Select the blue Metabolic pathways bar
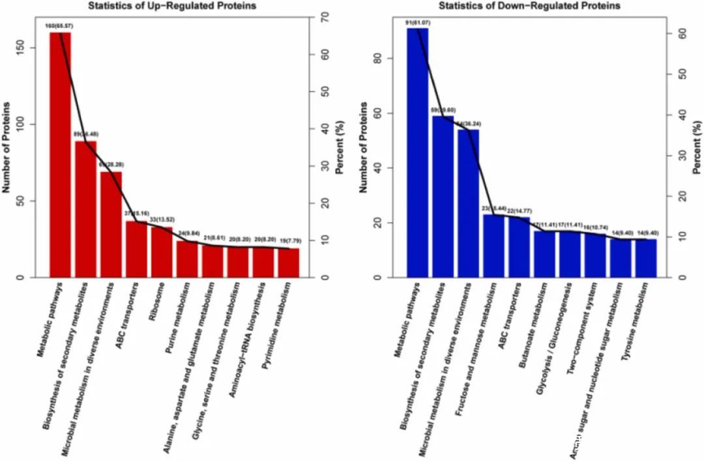417,153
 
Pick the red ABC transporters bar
136,250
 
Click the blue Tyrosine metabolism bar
646,258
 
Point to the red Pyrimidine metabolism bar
289,263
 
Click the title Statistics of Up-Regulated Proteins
172,6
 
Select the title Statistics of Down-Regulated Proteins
529,6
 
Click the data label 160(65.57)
59,26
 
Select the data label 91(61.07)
417,22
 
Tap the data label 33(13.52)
162,220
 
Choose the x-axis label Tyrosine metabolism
635,310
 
